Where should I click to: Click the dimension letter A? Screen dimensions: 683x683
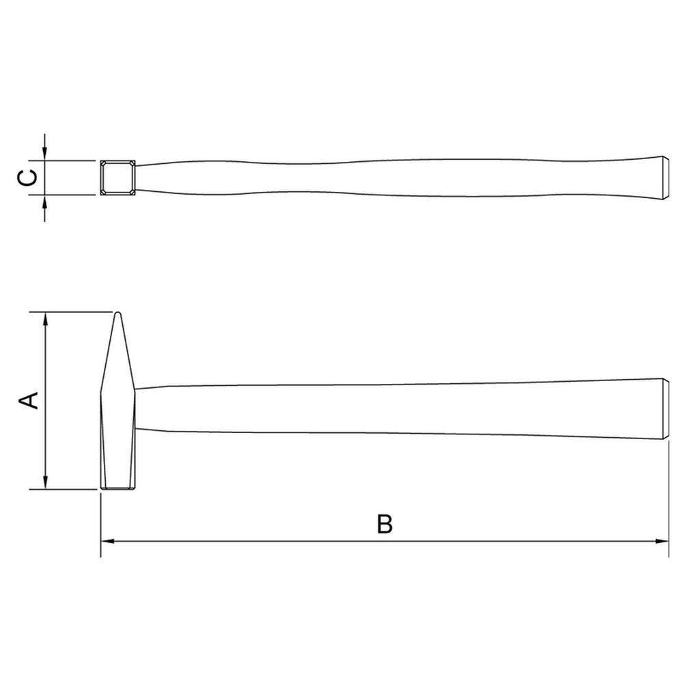click(x=29, y=400)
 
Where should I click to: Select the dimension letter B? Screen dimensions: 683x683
click(x=385, y=524)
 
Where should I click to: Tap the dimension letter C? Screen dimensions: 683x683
click(x=29, y=178)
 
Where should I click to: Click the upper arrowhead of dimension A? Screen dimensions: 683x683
click(x=45, y=319)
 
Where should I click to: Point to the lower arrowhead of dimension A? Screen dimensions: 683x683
click(x=45, y=482)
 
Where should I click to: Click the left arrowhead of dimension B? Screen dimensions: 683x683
click(x=108, y=542)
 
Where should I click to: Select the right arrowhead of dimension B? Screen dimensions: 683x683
click(x=662, y=542)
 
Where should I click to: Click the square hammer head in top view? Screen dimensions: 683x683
click(x=117, y=178)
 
